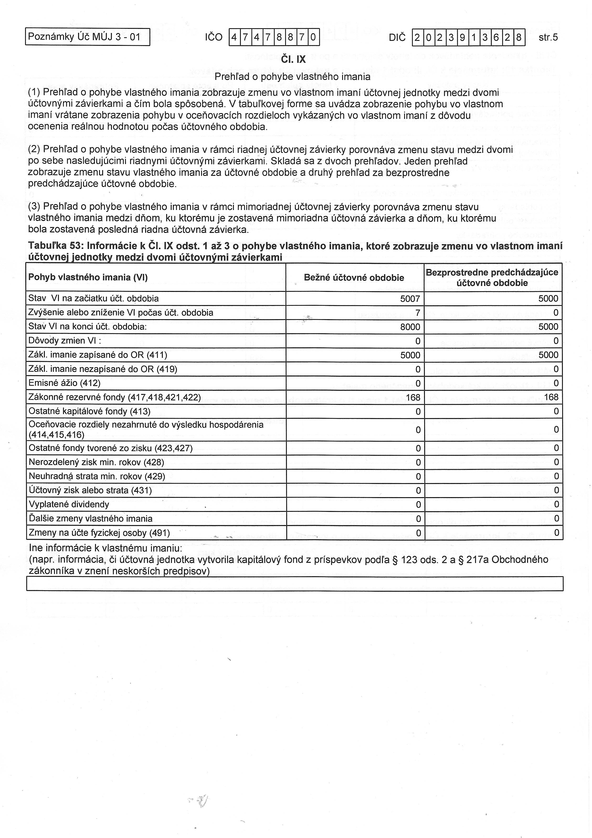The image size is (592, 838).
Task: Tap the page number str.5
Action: point(548,37)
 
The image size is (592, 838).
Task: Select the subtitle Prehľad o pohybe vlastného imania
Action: point(292,77)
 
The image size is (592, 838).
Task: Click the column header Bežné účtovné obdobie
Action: point(354,278)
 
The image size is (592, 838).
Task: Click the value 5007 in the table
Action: point(410,299)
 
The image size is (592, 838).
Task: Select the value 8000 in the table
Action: point(410,327)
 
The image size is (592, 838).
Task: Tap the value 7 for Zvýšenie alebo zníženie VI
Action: point(418,313)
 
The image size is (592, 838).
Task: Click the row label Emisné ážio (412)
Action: point(64,383)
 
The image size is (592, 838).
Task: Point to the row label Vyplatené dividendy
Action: point(69,505)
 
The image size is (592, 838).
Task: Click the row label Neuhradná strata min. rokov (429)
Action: point(97,476)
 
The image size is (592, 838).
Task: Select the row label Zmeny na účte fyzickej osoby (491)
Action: point(99,533)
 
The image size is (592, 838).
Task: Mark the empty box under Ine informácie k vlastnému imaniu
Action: point(295,584)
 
